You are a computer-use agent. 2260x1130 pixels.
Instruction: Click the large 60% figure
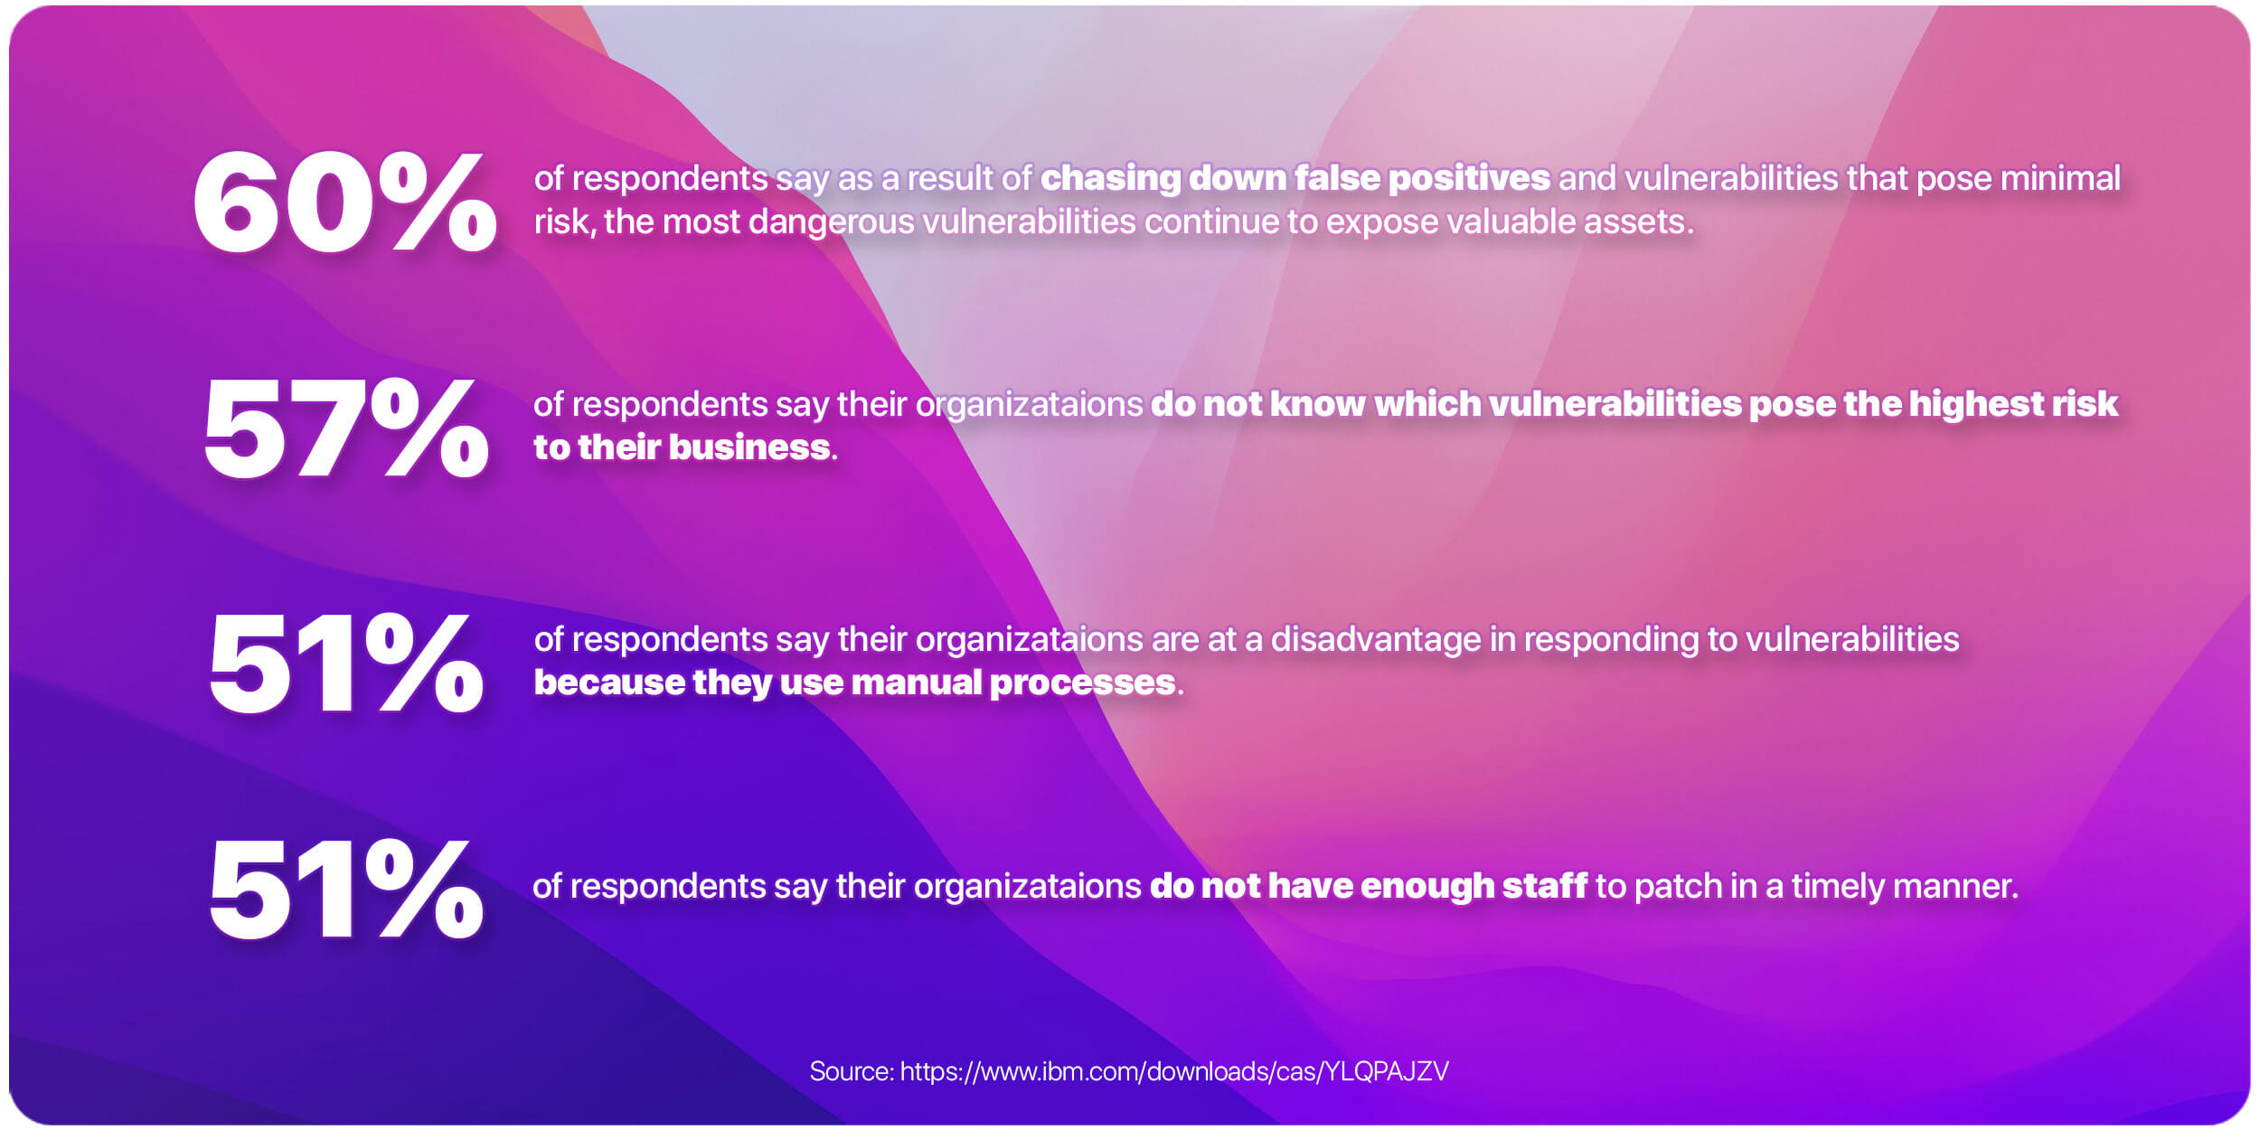point(344,202)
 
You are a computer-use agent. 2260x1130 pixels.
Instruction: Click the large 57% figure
point(345,428)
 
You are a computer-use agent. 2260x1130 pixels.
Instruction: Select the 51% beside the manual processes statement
point(345,664)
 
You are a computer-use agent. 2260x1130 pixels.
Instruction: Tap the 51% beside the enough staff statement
point(345,890)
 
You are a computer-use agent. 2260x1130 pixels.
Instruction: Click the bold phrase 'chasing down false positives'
point(1295,178)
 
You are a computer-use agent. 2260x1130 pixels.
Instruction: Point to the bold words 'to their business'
point(682,447)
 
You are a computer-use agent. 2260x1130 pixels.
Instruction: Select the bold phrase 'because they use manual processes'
point(854,683)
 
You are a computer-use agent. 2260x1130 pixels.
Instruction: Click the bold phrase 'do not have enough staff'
point(1368,886)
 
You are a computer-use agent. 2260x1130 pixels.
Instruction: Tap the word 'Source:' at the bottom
point(851,1071)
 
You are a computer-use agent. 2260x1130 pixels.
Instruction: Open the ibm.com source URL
point(1174,1071)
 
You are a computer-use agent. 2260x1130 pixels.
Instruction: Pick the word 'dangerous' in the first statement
point(832,221)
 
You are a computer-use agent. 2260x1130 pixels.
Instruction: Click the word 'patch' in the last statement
point(1678,886)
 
